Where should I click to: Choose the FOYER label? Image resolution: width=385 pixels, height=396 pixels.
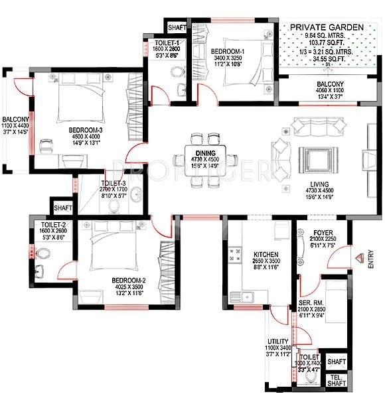click(323, 233)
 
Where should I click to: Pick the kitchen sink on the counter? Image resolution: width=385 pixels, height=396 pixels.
click(246, 296)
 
